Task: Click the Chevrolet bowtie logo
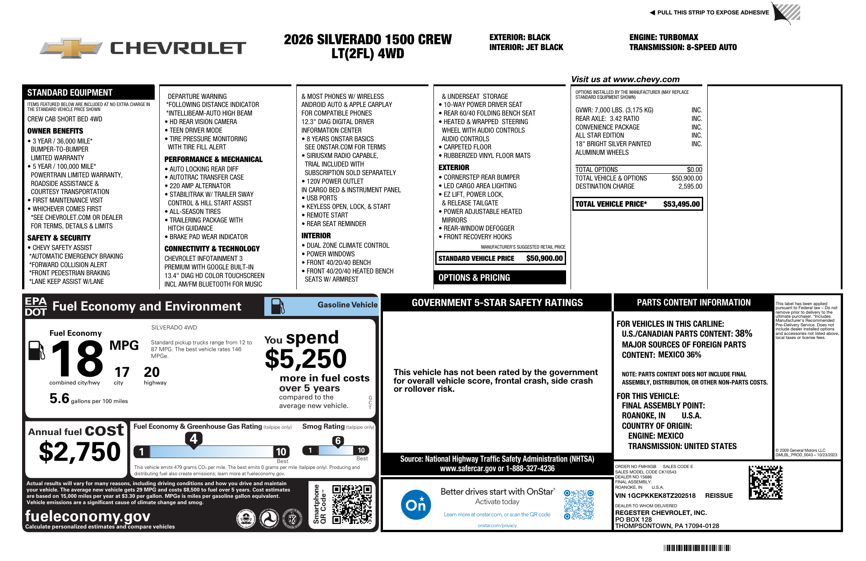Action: [x=71, y=48]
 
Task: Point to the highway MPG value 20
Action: [x=152, y=372]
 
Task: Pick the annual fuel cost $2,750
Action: [x=80, y=452]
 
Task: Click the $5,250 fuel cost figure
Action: [x=305, y=359]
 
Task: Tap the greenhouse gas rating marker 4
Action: [x=193, y=439]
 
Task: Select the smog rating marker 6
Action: [x=338, y=441]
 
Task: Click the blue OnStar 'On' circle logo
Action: [x=415, y=505]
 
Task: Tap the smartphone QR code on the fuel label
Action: [x=352, y=504]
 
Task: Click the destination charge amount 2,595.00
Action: [x=690, y=186]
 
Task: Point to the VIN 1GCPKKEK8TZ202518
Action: [x=655, y=496]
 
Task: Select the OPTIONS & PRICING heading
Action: [x=474, y=278]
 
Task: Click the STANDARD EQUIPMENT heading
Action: [x=70, y=93]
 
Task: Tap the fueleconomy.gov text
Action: [x=88, y=516]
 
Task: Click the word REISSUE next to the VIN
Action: [x=719, y=496]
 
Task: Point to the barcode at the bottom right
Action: [x=696, y=548]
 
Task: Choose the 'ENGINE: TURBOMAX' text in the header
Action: [x=663, y=37]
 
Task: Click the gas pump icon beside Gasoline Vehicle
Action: [x=277, y=306]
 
